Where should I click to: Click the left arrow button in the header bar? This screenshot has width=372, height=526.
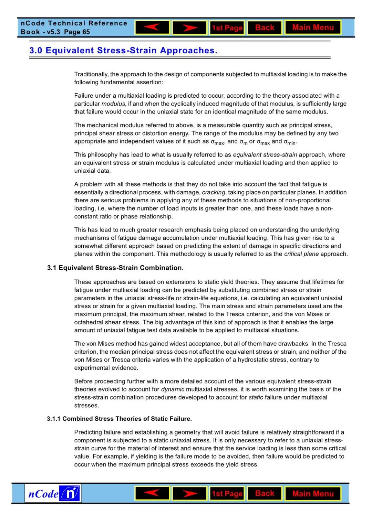coord(152,28)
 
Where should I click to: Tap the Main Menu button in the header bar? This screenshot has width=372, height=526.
coord(313,28)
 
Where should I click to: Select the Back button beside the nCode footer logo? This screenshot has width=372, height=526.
coord(265,493)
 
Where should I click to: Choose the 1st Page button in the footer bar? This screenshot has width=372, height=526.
coord(227,494)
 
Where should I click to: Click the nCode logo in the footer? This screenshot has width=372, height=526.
coord(53,494)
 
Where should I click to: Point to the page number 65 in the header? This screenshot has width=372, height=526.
coord(86,32)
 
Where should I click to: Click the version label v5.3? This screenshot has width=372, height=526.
coord(53,32)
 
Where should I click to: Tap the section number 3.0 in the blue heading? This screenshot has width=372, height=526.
coord(36,51)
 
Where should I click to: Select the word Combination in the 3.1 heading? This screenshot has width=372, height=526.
coord(162,268)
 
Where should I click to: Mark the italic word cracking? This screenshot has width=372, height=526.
coord(214,192)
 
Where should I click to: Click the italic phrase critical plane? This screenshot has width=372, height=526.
coord(301,254)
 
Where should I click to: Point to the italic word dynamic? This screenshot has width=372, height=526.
coord(173,389)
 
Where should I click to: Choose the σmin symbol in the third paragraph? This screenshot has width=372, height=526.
coord(290,142)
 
